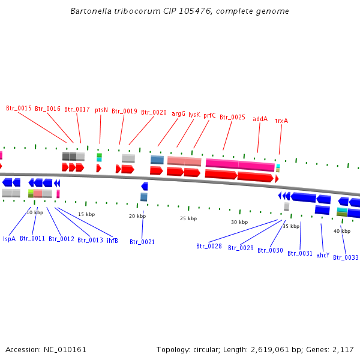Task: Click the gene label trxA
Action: pyautogui.click(x=281, y=121)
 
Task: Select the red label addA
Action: pyautogui.click(x=260, y=119)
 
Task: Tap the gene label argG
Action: pyautogui.click(x=179, y=113)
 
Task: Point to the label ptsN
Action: pyautogui.click(x=101, y=110)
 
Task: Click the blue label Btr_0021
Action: pyautogui.click(x=142, y=242)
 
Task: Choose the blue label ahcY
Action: pyautogui.click(x=323, y=255)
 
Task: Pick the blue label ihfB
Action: pyautogui.click(x=112, y=241)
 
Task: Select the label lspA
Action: pyautogui.click(x=9, y=239)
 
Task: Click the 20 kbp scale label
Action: pyautogui.click(x=137, y=216)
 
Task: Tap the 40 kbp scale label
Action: pyautogui.click(x=342, y=231)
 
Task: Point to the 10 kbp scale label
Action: pyautogui.click(x=35, y=212)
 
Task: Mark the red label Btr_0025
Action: pyautogui.click(x=232, y=118)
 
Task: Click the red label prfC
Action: pyautogui.click(x=209, y=115)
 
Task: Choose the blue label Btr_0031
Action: pyautogui.click(x=300, y=253)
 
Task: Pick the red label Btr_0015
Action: pyautogui.click(x=19, y=109)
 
